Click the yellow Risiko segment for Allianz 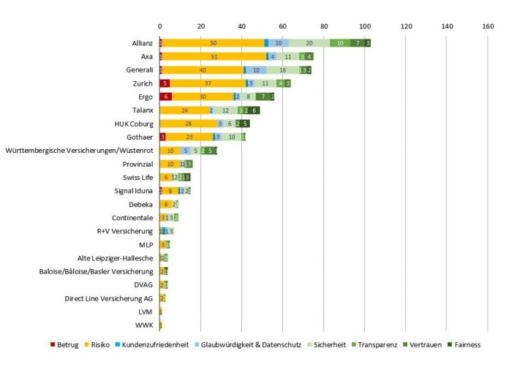[x=213, y=43]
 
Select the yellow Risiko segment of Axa [x=214, y=56]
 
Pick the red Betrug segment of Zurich [x=165, y=83]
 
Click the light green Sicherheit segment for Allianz [x=309, y=43]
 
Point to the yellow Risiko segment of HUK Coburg [x=188, y=124]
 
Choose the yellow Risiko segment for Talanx [x=184, y=110]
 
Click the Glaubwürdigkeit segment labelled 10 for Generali [x=256, y=70]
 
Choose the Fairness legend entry [x=463, y=344]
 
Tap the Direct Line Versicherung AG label [x=109, y=298]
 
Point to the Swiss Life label [x=137, y=178]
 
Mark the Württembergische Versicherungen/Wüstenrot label [x=79, y=151]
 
